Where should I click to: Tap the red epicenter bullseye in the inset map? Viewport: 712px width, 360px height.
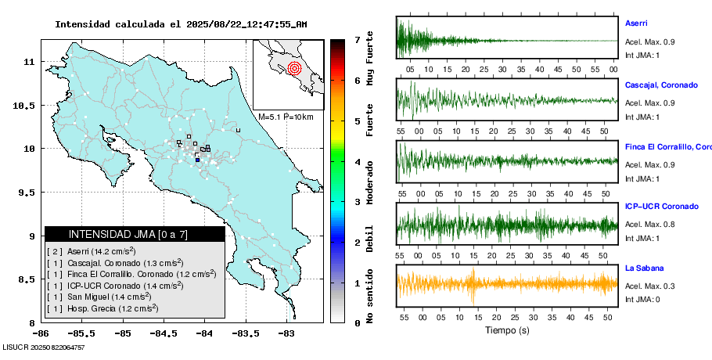coord(294,68)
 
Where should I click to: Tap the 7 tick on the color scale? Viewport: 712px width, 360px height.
coord(357,39)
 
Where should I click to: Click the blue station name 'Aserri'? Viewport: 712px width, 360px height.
coord(636,23)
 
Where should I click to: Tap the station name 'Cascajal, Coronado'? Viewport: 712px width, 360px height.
coord(661,85)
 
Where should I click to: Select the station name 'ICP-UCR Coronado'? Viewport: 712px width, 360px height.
coord(662,207)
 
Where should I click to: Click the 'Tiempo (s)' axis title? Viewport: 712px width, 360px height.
coord(507,330)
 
